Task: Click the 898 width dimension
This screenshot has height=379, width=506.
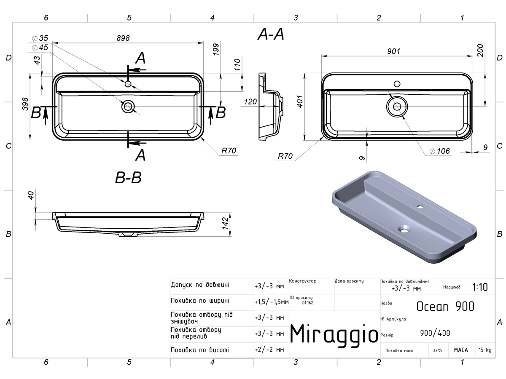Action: click(123, 38)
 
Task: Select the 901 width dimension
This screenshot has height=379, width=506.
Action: click(393, 51)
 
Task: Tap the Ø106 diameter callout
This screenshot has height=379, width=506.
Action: click(440, 151)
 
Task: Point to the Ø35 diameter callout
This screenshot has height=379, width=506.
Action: click(40, 38)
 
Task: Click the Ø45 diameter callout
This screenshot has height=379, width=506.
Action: click(40, 48)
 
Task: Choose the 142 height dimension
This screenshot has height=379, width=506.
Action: click(225, 224)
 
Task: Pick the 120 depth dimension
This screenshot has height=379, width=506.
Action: click(250, 101)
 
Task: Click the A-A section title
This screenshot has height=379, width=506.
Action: click(271, 35)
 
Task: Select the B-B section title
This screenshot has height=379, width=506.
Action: click(128, 178)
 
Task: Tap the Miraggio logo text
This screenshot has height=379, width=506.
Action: click(334, 334)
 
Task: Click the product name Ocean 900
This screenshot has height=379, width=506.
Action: click(445, 306)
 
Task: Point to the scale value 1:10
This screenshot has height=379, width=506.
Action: click(480, 287)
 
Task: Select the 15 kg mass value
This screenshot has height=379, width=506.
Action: click(485, 350)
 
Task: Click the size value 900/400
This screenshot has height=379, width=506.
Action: click(435, 333)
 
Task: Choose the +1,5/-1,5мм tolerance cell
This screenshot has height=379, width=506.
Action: click(272, 302)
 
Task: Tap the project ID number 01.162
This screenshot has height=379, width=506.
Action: click(307, 303)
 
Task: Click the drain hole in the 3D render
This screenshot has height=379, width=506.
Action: click(404, 229)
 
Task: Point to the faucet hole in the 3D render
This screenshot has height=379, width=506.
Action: click(420, 207)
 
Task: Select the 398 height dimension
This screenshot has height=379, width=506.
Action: click(25, 104)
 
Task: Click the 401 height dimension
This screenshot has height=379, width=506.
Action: click(300, 101)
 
